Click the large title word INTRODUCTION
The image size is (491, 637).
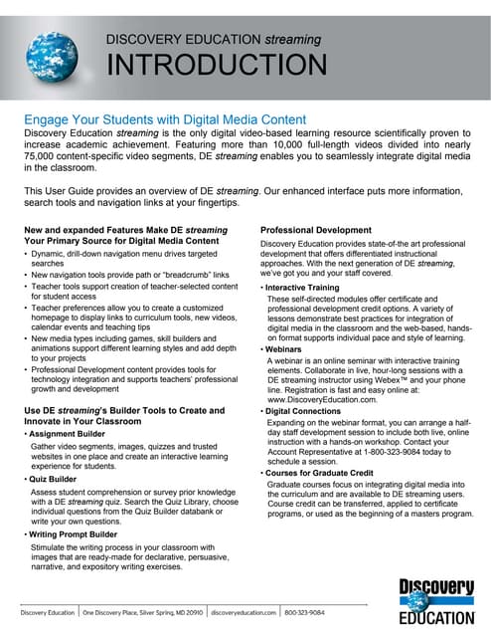tap(216, 66)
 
